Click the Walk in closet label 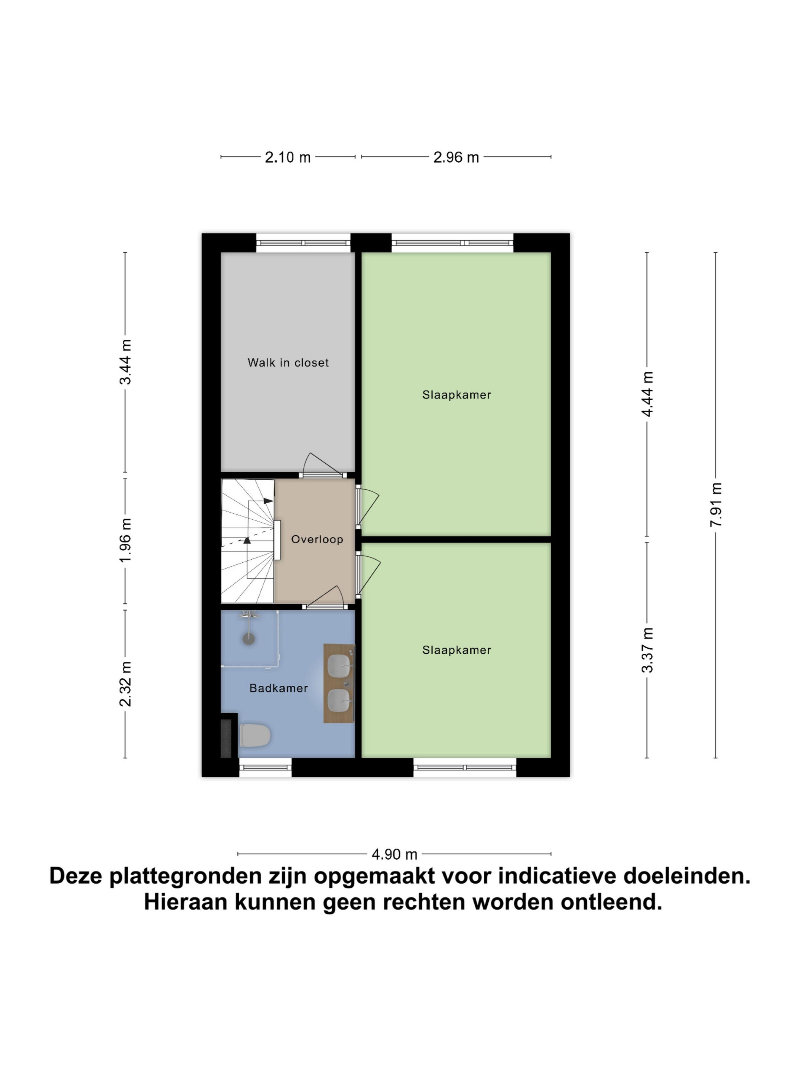pyautogui.click(x=288, y=362)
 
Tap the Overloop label pyautogui.click(x=317, y=539)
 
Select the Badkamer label pyautogui.click(x=278, y=688)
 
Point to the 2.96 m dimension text pyautogui.click(x=456, y=157)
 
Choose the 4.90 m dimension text pyautogui.click(x=394, y=854)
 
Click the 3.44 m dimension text pyautogui.click(x=125, y=362)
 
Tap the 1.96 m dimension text pyautogui.click(x=125, y=540)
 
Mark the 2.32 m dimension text pyautogui.click(x=125, y=684)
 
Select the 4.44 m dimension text pyautogui.click(x=647, y=394)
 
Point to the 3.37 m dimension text pyautogui.click(x=647, y=649)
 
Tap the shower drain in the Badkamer pyautogui.click(x=248, y=639)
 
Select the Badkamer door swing pyautogui.click(x=325, y=598)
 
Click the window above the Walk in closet pyautogui.click(x=303, y=243)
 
